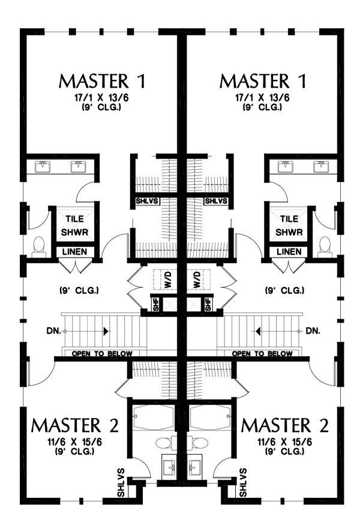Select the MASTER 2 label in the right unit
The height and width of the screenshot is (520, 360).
[x=285, y=425]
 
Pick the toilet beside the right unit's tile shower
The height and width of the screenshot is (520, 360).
[x=325, y=246]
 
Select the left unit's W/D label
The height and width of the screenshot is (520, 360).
[x=168, y=279]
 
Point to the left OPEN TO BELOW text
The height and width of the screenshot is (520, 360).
[x=102, y=354]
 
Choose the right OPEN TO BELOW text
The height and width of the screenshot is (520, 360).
[x=262, y=354]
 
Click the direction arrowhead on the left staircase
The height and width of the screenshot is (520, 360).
[x=106, y=331]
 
